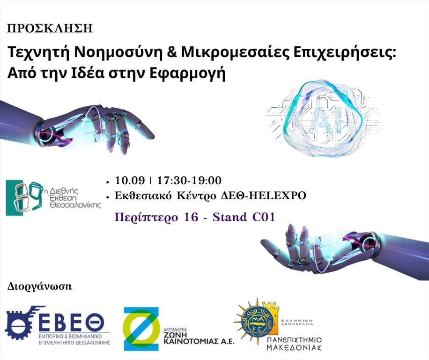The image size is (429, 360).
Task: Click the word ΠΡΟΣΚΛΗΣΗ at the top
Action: (50, 29)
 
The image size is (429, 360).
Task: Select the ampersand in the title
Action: (171, 52)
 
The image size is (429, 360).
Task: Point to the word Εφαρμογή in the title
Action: (187, 74)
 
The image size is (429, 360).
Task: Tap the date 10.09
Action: (130, 180)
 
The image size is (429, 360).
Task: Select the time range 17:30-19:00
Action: (189, 180)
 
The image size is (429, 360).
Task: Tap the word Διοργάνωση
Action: (39, 286)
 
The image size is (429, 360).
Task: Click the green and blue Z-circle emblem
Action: (141, 329)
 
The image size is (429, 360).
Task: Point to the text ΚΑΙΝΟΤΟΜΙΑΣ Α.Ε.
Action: (199, 341)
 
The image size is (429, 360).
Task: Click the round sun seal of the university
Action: (257, 322)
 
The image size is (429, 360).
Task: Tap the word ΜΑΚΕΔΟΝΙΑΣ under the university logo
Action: (294, 348)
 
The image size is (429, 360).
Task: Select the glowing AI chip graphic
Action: (323, 118)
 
